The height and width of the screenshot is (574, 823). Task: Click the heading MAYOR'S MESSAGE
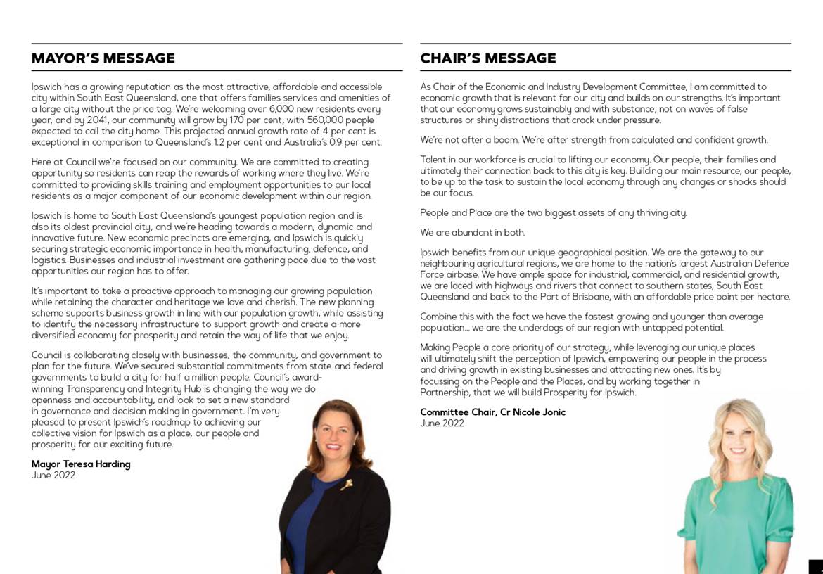[103, 58]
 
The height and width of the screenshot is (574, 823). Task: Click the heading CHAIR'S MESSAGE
[488, 58]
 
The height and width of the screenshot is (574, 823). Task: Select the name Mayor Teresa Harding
[81, 464]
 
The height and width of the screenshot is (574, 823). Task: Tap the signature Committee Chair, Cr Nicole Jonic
[492, 412]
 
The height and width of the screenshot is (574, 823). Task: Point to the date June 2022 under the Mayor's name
[53, 476]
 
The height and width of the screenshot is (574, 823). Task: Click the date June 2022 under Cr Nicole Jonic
[442, 423]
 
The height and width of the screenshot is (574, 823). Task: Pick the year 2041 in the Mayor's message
[101, 120]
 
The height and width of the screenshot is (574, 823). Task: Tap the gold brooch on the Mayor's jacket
[346, 484]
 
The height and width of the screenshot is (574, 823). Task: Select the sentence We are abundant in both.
[473, 233]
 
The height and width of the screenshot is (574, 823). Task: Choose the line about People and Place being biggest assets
[554, 213]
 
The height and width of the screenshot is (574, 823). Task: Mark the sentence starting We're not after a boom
[594, 140]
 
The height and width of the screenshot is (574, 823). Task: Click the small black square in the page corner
[816, 567]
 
